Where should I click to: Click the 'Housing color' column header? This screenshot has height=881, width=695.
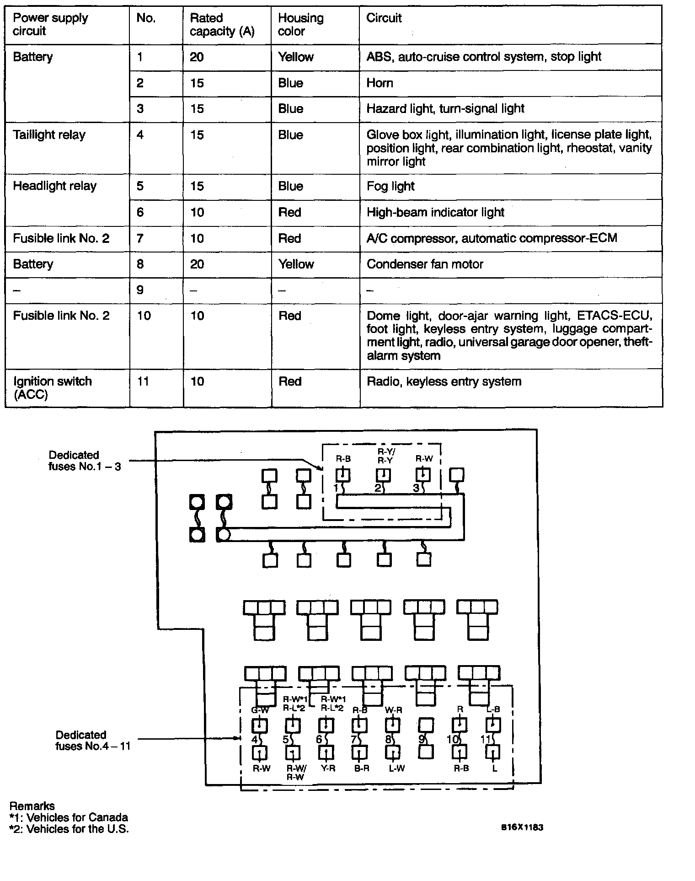pyautogui.click(x=300, y=25)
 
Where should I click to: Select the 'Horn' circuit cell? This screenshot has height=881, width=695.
pyautogui.click(x=380, y=83)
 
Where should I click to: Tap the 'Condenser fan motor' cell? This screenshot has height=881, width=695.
pyautogui.click(x=425, y=264)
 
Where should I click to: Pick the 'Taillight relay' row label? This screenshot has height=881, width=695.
pyautogui.click(x=49, y=135)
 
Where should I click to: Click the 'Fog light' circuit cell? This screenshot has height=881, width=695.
pyautogui.click(x=390, y=186)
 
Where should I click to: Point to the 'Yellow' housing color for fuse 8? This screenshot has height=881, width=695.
pyautogui.click(x=296, y=264)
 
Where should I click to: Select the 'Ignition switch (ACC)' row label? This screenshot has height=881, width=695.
pyautogui.click(x=52, y=387)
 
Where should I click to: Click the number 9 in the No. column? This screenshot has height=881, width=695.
pyautogui.click(x=140, y=290)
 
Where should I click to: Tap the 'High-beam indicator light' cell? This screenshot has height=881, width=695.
pyautogui.click(x=435, y=212)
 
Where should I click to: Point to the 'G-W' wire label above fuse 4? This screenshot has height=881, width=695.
pyautogui.click(x=260, y=710)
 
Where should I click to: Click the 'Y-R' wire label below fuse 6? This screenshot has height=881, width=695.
pyautogui.click(x=327, y=768)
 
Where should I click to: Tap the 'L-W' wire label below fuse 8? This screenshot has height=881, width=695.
pyautogui.click(x=396, y=768)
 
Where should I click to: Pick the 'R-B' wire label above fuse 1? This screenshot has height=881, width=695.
pyautogui.click(x=343, y=458)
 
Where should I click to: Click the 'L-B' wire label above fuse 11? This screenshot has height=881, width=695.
pyautogui.click(x=493, y=709)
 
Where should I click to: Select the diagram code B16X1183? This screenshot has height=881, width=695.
pyautogui.click(x=522, y=827)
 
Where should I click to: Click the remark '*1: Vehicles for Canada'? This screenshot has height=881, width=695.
pyautogui.click(x=69, y=817)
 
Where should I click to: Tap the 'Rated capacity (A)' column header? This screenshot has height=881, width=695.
pyautogui.click(x=222, y=25)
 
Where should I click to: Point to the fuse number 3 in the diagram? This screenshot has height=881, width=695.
pyautogui.click(x=416, y=488)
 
